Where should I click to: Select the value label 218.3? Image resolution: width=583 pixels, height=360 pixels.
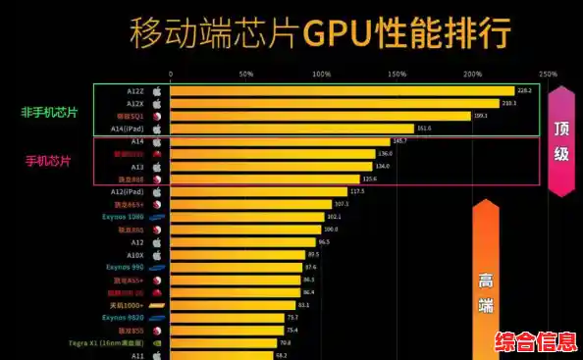tap(508, 103)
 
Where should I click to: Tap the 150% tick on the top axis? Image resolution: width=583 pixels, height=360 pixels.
tap(397, 74)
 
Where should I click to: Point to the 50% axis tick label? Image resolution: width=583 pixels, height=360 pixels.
tap(245, 74)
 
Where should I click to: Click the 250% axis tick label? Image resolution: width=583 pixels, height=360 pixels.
tap(548, 74)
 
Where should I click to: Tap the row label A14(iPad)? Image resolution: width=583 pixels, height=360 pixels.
tap(129, 129)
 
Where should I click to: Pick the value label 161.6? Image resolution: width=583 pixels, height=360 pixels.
tap(424, 129)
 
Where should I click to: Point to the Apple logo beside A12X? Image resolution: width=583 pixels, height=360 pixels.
tap(155, 103)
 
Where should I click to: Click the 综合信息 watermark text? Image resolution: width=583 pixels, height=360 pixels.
tap(533, 342)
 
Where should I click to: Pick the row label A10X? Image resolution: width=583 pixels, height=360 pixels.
tap(134, 254)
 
